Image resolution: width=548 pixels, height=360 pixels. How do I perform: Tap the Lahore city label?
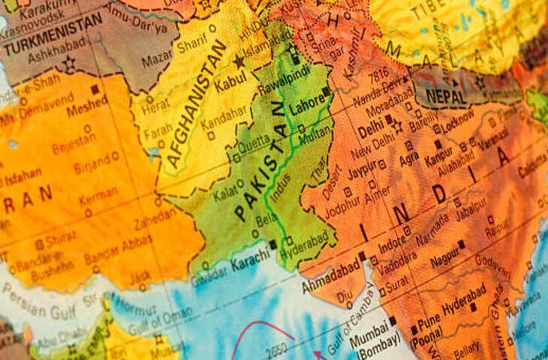tap(306, 106)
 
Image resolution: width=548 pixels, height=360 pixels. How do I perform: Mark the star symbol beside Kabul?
tap(239, 61)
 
